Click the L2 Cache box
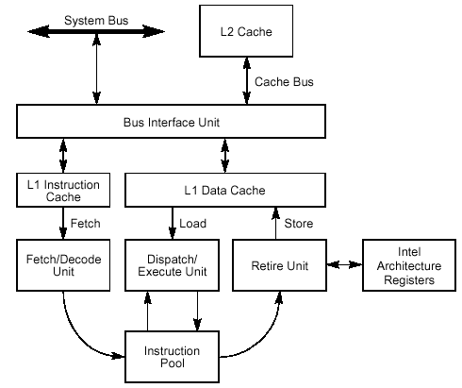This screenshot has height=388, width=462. click(246, 31)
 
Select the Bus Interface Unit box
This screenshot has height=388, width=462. click(171, 122)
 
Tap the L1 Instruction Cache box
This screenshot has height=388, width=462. click(63, 190)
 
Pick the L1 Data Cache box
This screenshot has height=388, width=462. click(225, 190)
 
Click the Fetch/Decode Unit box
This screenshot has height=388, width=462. click(63, 265)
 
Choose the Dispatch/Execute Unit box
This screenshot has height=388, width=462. click(172, 265)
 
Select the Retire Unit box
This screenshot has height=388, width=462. click(279, 265)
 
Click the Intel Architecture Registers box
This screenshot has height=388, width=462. click(409, 265)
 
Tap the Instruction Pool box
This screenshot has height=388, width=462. click(172, 357)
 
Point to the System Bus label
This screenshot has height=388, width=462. click(96, 21)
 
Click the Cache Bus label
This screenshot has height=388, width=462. click(284, 82)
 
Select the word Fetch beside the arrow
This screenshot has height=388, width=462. click(86, 224)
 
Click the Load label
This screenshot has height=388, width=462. click(192, 224)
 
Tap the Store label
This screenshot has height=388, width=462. click(299, 224)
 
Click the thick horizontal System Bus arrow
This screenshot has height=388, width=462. click(96, 31)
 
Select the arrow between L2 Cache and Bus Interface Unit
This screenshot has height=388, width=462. click(247, 81)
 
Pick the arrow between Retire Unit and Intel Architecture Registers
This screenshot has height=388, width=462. click(344, 265)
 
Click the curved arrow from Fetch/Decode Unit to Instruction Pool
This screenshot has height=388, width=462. click(77, 336)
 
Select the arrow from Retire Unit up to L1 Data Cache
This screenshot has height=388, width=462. click(275, 224)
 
